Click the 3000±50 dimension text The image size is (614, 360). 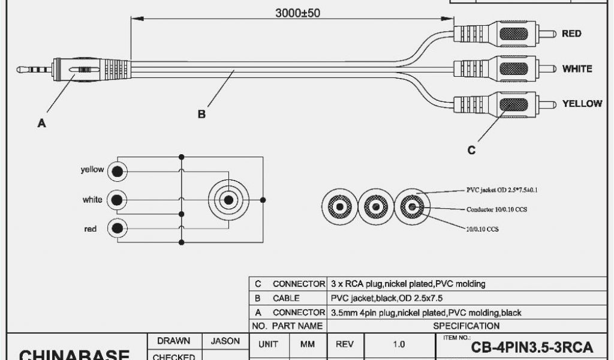(x=297, y=13)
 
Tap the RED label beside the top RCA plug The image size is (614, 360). (x=571, y=34)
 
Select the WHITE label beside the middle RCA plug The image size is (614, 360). (x=577, y=69)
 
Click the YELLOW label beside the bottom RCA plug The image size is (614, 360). (x=582, y=104)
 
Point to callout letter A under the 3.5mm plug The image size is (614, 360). (x=41, y=124)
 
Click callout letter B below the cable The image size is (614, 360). (x=202, y=114)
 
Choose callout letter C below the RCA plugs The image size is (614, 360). (x=472, y=150)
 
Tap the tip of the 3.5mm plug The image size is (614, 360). (x=20, y=70)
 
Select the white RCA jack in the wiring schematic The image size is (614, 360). (x=118, y=200)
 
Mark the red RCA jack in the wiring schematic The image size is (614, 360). (x=118, y=228)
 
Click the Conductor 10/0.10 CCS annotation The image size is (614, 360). (x=496, y=210)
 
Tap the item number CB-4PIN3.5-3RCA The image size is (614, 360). (x=532, y=347)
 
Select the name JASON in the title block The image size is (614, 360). (x=225, y=341)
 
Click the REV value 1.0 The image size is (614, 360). (x=398, y=344)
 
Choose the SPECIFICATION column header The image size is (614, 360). (x=466, y=326)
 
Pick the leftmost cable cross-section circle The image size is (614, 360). (x=339, y=208)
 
